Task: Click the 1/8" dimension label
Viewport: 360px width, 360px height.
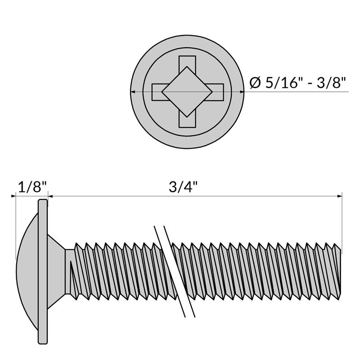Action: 32,187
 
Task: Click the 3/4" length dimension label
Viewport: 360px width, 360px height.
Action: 183,187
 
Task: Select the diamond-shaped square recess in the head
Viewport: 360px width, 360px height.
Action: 187,92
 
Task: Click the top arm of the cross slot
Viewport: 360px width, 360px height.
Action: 187,62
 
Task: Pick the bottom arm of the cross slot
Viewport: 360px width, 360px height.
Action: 187,121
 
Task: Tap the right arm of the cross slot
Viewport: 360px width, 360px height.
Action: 217,92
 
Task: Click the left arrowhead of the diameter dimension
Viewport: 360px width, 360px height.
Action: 132,92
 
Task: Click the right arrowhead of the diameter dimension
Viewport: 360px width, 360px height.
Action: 242,92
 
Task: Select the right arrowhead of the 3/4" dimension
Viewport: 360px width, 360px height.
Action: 339,196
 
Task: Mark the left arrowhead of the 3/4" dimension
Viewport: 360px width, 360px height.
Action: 50,196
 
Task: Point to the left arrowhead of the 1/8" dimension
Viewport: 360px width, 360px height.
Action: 13,196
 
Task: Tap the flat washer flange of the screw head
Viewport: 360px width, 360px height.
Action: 43,272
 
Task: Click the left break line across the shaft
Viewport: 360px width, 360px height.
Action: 170,272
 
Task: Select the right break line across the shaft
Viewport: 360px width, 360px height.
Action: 179,272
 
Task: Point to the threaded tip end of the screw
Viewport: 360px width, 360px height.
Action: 337,272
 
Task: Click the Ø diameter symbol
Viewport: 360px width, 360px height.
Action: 255,83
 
